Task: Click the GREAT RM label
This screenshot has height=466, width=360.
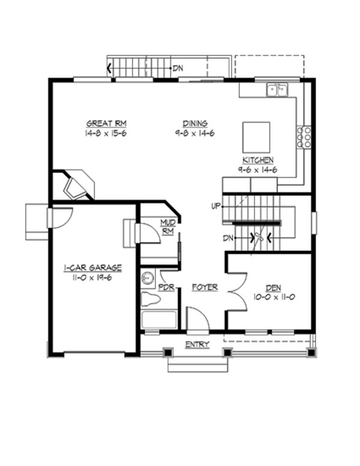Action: tap(106, 124)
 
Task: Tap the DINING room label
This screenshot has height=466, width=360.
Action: tap(191, 124)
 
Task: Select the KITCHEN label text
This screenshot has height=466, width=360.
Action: tap(258, 160)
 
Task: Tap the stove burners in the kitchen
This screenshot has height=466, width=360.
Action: tap(304, 137)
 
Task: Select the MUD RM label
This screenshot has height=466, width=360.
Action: tap(167, 226)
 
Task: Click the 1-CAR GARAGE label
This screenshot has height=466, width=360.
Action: tap(93, 268)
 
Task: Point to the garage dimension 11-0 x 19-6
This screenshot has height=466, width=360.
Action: tap(93, 277)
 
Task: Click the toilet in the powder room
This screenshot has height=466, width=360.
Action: tap(148, 278)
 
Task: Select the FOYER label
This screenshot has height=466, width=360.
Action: tap(204, 288)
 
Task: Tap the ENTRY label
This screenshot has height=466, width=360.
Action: tap(197, 344)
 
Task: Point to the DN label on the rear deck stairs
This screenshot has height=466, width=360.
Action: tap(178, 68)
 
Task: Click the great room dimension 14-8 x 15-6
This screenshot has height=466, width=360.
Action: tap(106, 133)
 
